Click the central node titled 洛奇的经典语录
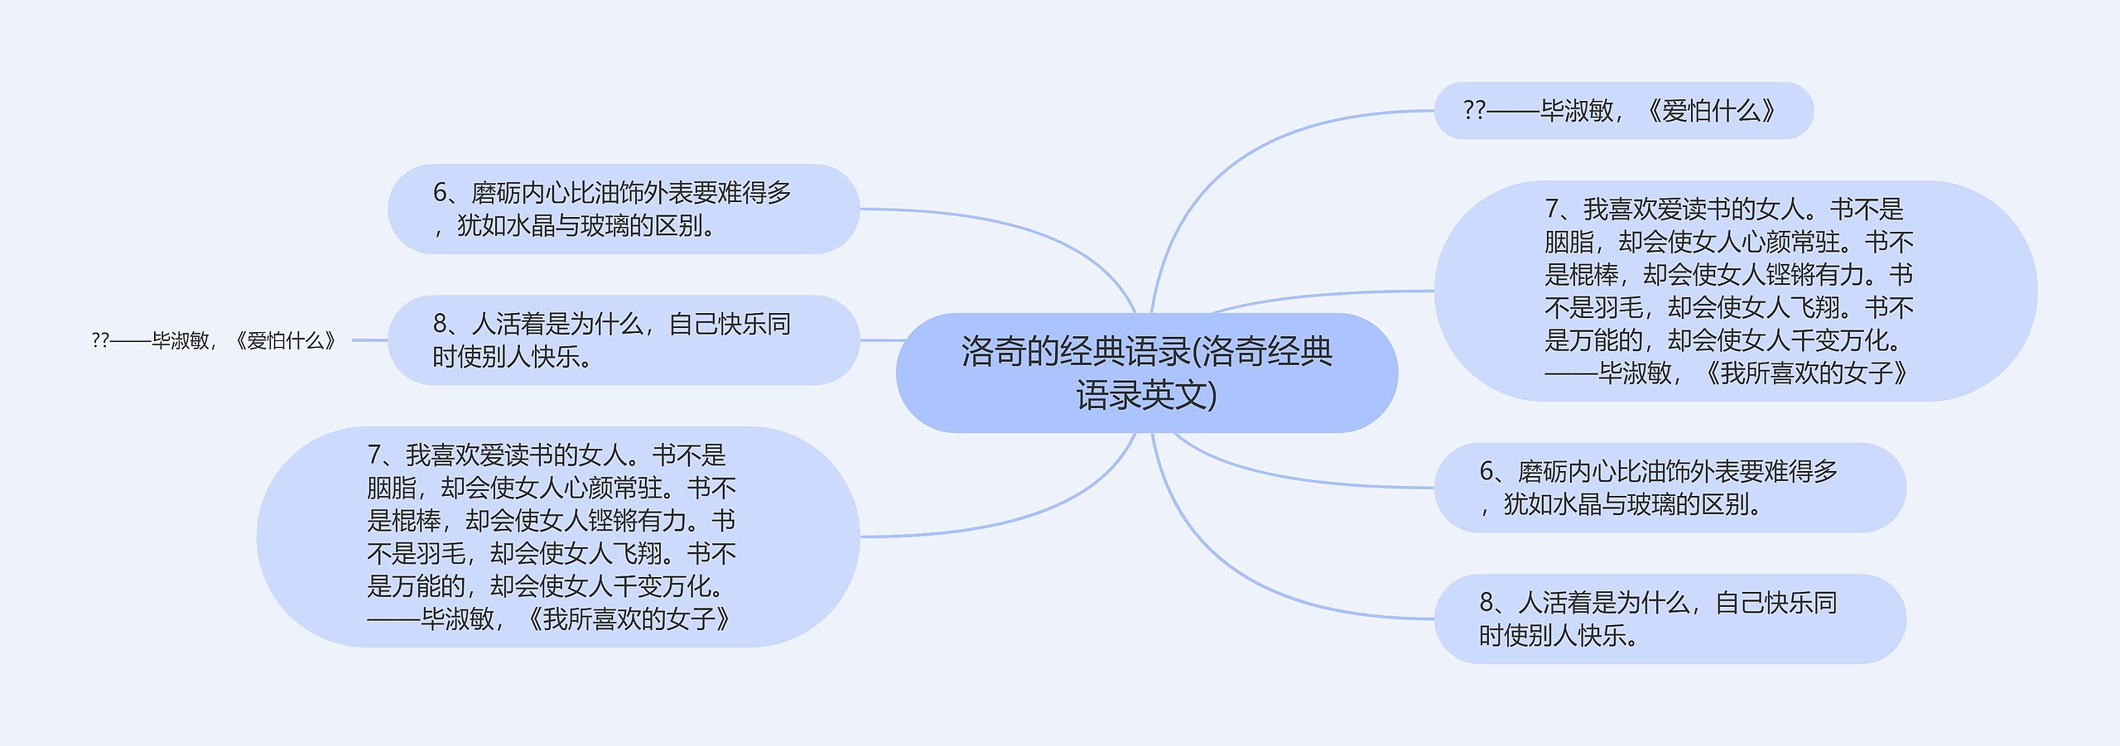[1146, 373]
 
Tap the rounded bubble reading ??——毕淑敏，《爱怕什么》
[1622, 110]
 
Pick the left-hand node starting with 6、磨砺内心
[623, 209]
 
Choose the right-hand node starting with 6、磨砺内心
[1669, 488]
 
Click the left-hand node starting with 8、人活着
[623, 340]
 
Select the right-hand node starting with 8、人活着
[1669, 618]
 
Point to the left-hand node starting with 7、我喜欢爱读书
[556, 537]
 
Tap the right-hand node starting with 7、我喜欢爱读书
[1735, 291]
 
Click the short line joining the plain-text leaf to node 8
[369, 340]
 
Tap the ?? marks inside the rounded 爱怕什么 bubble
[1474, 110]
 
